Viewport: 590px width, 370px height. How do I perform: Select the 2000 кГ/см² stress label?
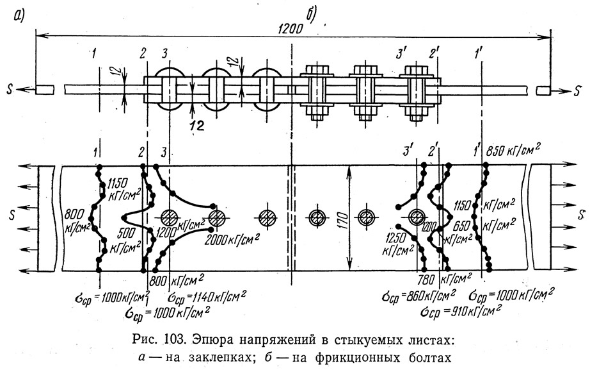point(232,239)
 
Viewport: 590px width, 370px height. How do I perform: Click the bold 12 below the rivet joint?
point(198,125)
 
